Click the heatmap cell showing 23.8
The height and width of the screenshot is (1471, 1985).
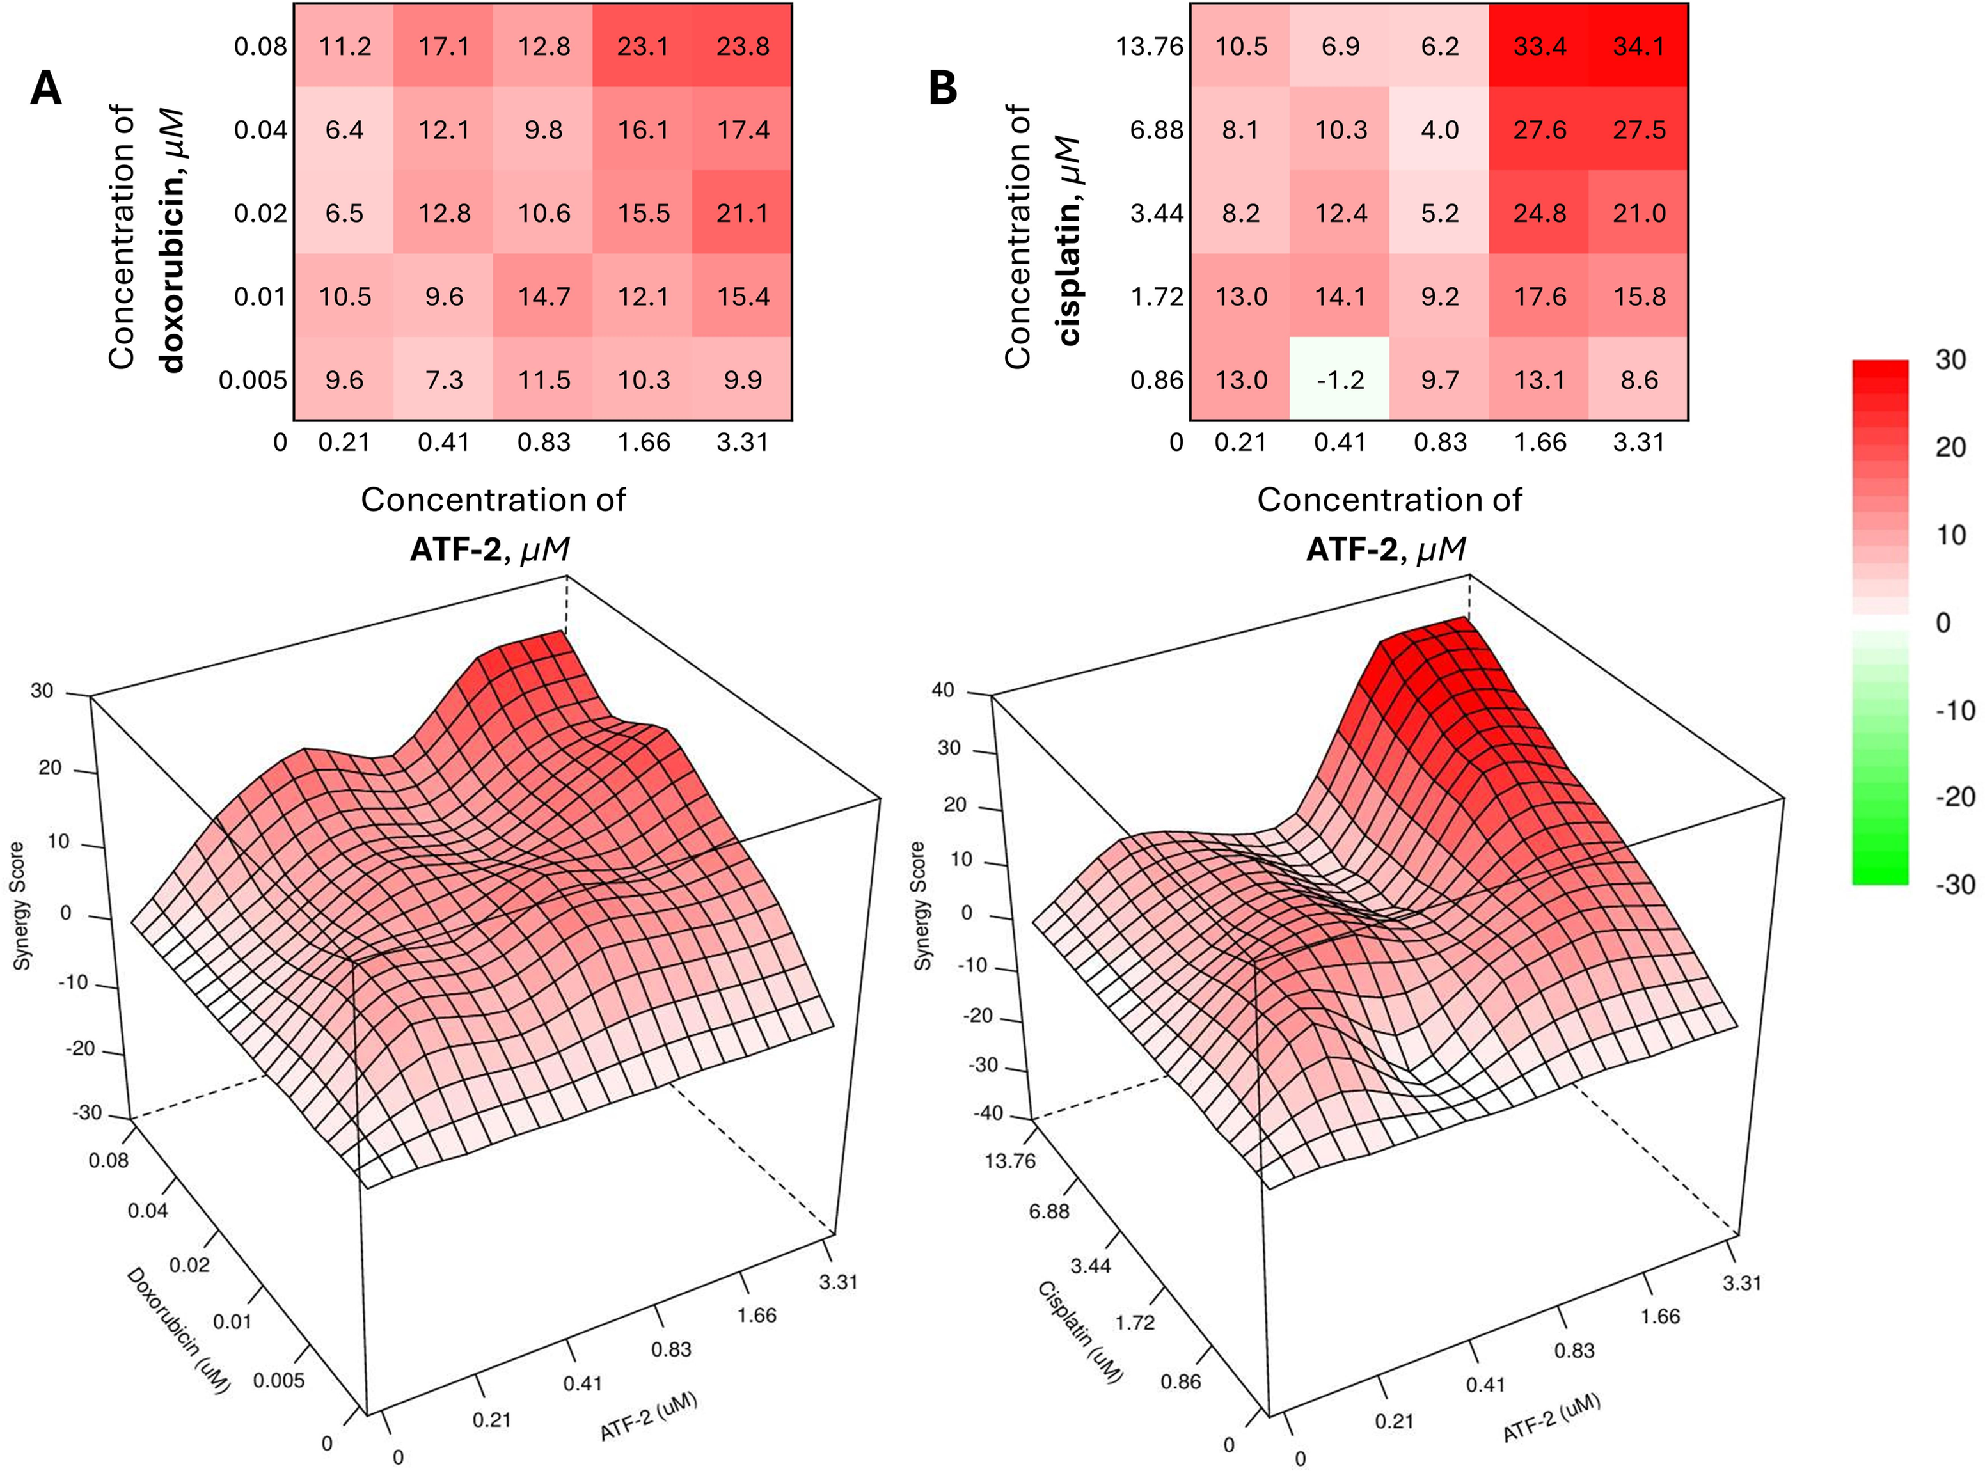[743, 46]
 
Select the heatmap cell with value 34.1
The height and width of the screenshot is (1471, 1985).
[1638, 46]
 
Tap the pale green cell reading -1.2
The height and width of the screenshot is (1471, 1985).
[1340, 380]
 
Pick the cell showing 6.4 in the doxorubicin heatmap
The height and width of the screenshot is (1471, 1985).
[345, 130]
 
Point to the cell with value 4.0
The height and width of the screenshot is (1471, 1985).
[1440, 130]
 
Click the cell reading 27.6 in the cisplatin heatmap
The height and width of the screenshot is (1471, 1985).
[1540, 130]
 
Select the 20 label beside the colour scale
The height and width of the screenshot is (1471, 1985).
[1950, 447]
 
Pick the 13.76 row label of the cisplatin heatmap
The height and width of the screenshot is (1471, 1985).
[1150, 46]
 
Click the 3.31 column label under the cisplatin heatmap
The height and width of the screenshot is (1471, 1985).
[1638, 443]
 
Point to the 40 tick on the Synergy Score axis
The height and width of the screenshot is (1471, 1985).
[943, 691]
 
